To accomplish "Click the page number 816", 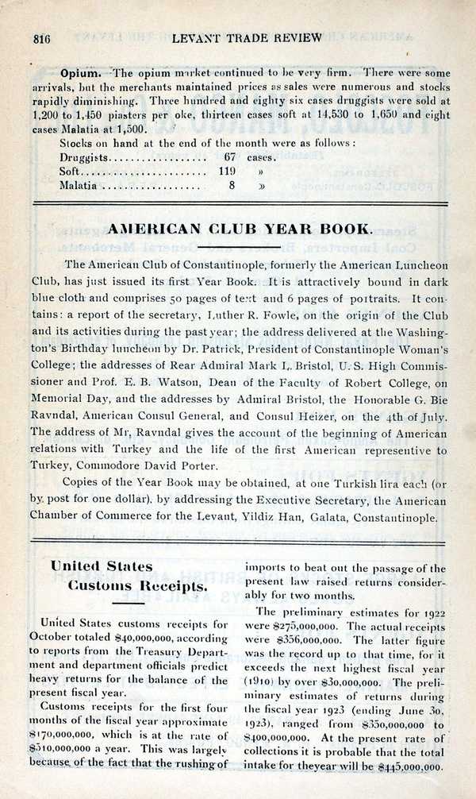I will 40,38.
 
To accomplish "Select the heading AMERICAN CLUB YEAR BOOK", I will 239,229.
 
